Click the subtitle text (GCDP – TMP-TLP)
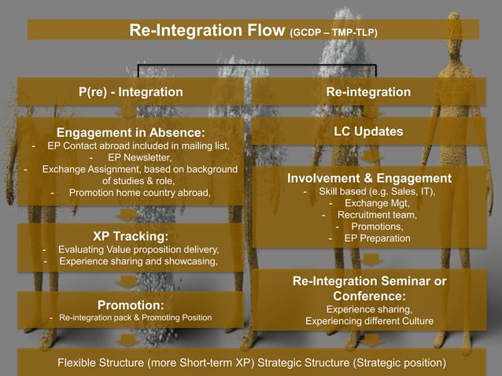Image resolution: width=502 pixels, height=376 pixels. coord(334,33)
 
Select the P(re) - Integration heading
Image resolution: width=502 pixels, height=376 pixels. coord(131,93)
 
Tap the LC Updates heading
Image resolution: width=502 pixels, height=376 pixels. coord(369,131)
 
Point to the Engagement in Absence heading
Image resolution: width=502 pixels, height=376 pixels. coord(131,131)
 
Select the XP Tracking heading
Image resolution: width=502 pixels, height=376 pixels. coord(130,235)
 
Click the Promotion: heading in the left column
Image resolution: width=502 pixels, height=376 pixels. coord(130,304)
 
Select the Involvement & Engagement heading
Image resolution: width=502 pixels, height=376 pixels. coord(369,178)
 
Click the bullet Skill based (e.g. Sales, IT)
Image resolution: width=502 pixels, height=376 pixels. coord(375,191)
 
